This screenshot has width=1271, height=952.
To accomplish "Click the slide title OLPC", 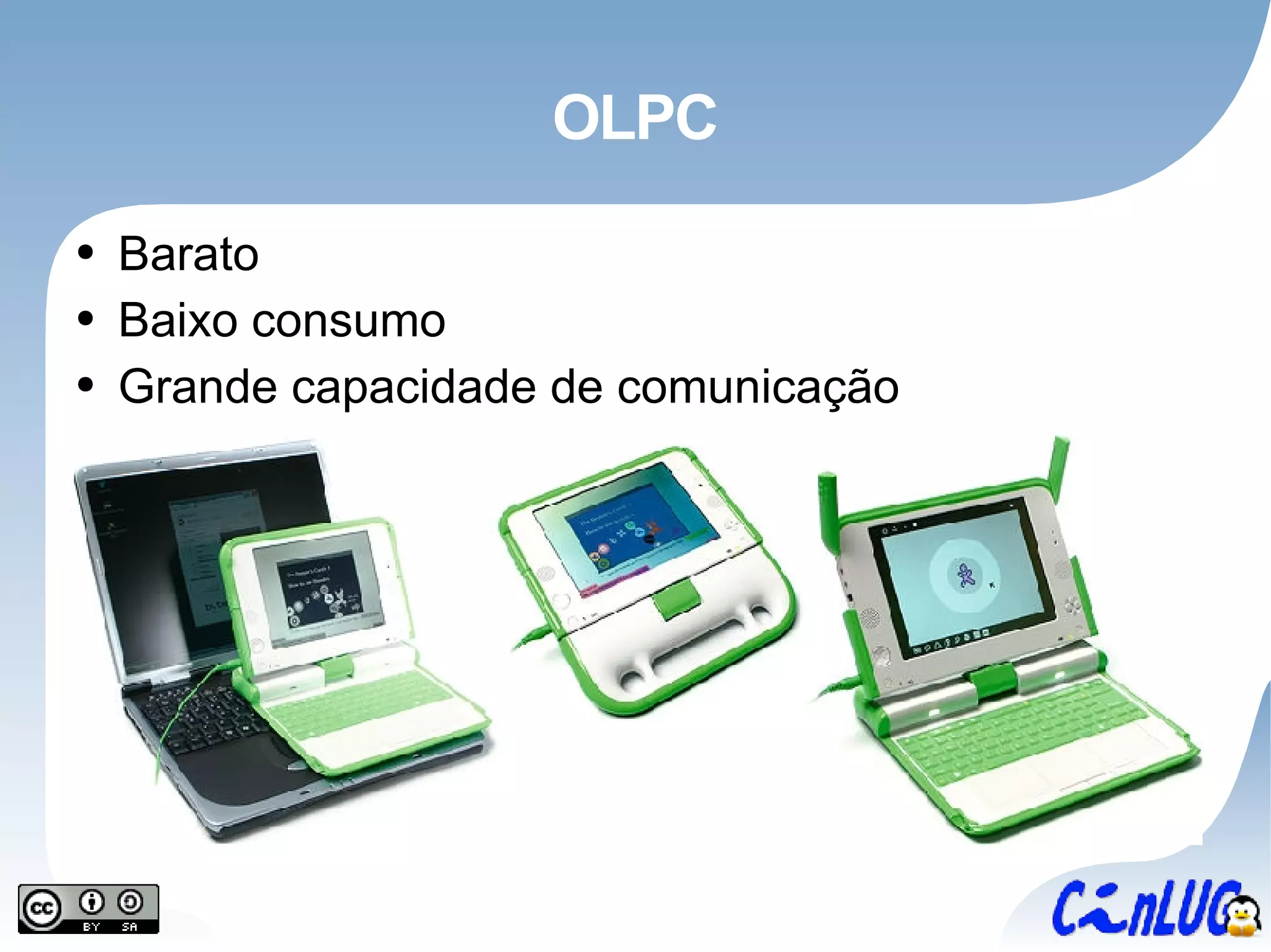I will coord(634,117).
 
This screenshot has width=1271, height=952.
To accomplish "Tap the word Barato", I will coord(188,254).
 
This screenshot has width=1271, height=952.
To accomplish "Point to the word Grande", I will coord(197,387).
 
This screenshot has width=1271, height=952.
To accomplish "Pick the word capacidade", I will coord(413,387).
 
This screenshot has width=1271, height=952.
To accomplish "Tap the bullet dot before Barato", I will coord(86,252).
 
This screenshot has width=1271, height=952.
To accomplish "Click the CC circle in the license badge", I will coord(42,909).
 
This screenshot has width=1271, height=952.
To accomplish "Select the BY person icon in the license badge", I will coord(92,903).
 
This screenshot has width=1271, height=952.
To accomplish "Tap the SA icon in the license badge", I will coord(130,903).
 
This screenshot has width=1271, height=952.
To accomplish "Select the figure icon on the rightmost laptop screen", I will coord(966,575).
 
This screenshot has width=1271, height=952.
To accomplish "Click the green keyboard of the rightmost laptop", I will coord(1018,726).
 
